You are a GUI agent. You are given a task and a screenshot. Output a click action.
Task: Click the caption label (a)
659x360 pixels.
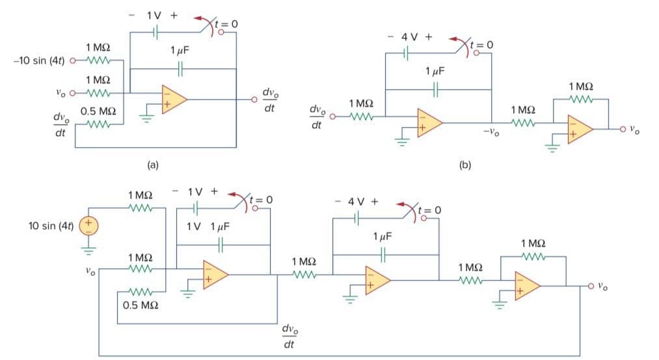click(x=153, y=165)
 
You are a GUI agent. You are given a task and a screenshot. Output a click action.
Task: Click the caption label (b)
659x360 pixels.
click(x=465, y=165)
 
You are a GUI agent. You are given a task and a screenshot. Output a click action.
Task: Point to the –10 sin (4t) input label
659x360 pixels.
click(x=39, y=61)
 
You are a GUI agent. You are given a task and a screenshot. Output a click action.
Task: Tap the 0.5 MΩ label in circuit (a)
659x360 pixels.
click(x=98, y=111)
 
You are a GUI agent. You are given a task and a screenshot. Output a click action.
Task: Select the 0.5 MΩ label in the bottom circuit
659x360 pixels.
click(x=141, y=305)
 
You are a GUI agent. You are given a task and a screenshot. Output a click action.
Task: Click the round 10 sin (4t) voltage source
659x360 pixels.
click(x=88, y=226)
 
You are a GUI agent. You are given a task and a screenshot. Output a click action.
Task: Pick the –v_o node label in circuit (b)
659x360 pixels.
click(x=491, y=132)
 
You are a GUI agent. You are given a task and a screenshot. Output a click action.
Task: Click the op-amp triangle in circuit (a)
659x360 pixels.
click(x=174, y=100)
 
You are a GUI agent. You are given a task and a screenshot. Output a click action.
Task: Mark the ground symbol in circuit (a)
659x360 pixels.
click(x=146, y=118)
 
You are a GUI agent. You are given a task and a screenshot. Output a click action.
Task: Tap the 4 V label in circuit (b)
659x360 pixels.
click(x=409, y=37)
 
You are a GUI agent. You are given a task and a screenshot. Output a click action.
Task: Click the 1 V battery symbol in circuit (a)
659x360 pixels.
click(x=155, y=32)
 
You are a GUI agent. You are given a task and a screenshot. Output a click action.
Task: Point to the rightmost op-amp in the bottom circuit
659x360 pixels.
click(x=527, y=286)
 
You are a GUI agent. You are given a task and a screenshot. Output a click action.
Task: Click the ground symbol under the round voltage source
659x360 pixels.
click(x=88, y=251)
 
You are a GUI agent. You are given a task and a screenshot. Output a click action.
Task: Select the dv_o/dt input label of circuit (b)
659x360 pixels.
click(x=317, y=117)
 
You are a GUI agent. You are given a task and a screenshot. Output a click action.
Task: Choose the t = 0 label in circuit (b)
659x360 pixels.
click(x=481, y=44)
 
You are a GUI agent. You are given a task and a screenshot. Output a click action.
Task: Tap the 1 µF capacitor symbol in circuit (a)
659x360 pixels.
click(x=180, y=68)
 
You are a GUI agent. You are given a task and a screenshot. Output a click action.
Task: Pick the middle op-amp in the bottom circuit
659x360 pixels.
click(x=377, y=280)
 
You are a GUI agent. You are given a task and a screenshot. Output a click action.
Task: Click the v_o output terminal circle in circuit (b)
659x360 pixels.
click(x=623, y=129)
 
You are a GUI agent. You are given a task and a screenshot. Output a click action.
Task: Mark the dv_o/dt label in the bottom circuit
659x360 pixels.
click(x=290, y=336)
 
